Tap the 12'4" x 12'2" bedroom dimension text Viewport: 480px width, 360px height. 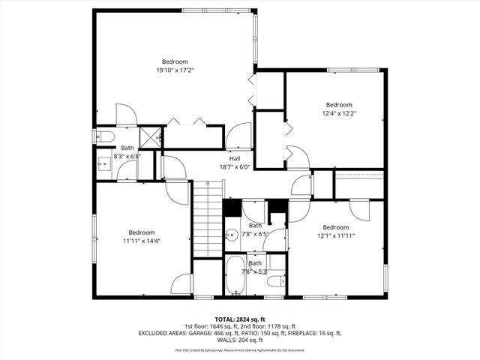coord(338,114)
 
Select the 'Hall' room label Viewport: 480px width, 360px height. coord(235,159)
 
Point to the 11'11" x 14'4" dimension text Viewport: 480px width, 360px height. coord(141,241)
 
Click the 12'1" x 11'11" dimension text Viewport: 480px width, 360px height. coord(335,235)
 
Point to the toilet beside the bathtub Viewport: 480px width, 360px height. coord(275,282)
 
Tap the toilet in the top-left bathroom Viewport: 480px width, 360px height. coord(105,136)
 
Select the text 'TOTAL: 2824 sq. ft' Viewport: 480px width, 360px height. coord(240,319)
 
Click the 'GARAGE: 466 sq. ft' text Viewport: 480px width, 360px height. coord(262,334)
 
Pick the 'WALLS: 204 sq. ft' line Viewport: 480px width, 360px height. coord(240,340)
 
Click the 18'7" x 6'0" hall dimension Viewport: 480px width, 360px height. coord(235,167)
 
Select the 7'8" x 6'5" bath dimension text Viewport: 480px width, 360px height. coord(256,234)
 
